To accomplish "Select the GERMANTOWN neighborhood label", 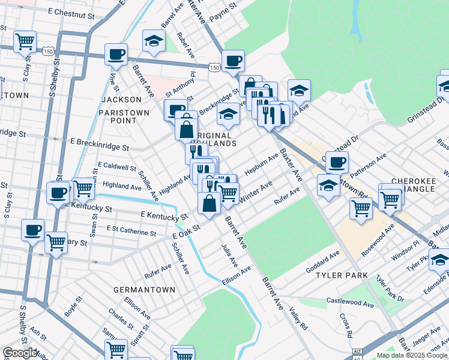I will tap(145, 289).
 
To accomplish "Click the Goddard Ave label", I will tap(324, 260).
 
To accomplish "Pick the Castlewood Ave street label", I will tap(349, 302).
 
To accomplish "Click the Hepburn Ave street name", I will tap(261, 164).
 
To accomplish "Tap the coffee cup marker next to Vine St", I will tap(116, 55).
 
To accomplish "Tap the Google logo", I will tap(20, 353).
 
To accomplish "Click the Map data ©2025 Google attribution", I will tap(412, 355).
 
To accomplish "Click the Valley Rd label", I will tap(298, 316).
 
